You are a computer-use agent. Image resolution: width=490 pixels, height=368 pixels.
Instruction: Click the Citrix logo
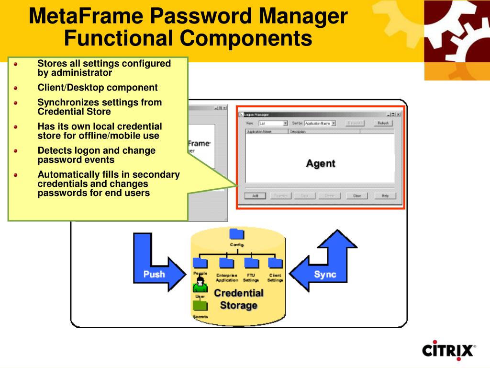tap(449, 350)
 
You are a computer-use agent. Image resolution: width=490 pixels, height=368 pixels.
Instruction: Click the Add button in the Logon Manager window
tap(255, 195)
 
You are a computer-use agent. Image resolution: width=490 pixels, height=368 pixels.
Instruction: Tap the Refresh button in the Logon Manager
tap(383, 123)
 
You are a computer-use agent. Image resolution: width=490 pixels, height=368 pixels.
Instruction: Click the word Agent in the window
tap(321, 163)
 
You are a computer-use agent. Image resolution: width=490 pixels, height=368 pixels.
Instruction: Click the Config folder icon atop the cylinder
tap(236, 234)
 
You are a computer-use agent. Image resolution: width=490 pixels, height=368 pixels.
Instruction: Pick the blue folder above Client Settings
tap(275, 263)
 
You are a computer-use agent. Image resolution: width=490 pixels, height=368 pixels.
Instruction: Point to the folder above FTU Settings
tap(251, 263)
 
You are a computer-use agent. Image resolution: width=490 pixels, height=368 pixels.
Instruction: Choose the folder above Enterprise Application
tap(226, 263)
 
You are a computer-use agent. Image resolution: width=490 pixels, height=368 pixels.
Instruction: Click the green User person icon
tap(200, 285)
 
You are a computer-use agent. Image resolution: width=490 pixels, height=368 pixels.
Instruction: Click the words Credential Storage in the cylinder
tap(239, 299)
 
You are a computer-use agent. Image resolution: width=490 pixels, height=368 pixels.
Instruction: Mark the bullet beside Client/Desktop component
tap(16, 88)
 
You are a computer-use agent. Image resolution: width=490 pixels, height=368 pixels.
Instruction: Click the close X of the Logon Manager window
tap(399, 115)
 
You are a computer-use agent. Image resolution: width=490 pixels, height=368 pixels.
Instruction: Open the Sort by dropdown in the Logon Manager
tap(334, 123)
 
